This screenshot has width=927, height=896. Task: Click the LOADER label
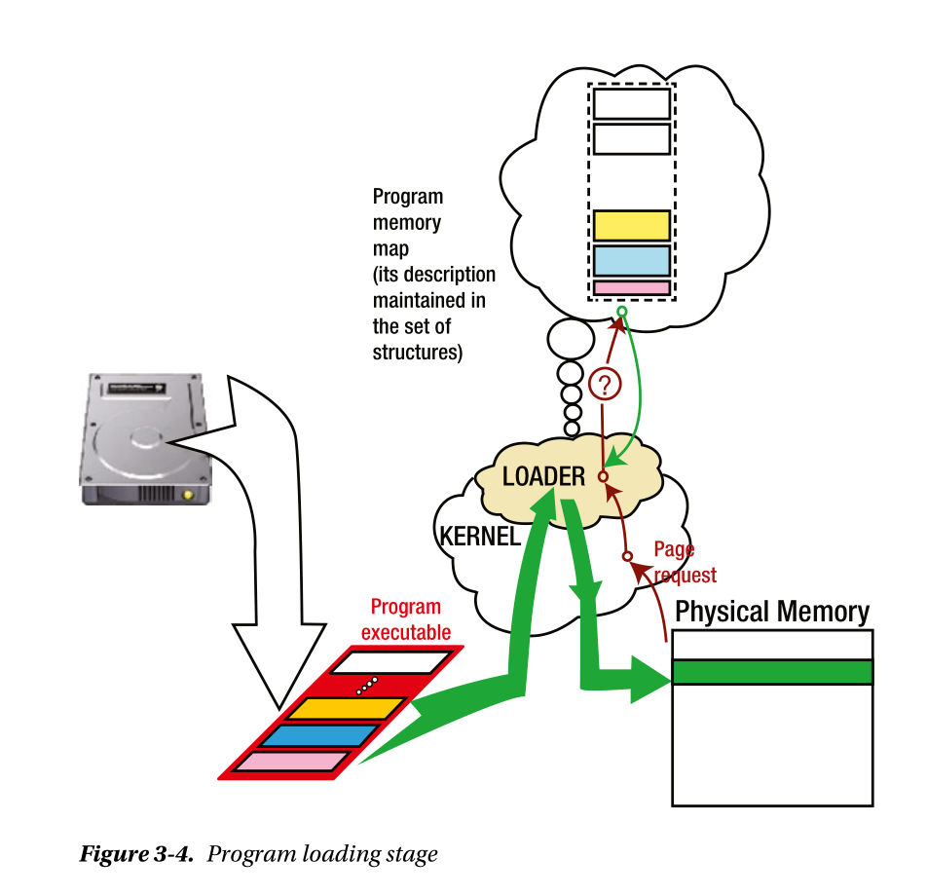point(543,476)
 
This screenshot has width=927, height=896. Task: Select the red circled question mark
point(604,383)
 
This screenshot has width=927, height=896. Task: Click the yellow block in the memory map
point(631,225)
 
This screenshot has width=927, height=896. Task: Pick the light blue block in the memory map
point(631,260)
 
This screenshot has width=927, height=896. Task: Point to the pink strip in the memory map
point(631,288)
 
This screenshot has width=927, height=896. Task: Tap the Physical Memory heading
point(771,612)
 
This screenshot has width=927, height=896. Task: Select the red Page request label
point(685,563)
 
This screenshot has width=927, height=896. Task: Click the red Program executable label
point(406,620)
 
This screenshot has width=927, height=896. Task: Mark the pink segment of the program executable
point(293,762)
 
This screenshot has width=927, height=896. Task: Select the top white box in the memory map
point(631,103)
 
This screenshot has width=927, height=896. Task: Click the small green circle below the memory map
point(621,312)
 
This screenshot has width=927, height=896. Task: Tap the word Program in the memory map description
point(407,198)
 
